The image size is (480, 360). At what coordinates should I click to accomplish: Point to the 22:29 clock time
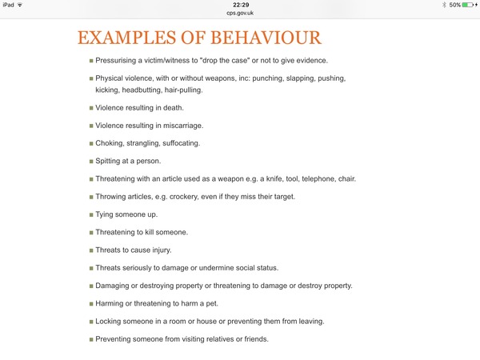click(239, 5)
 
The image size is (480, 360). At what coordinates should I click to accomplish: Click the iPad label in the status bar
click(9, 5)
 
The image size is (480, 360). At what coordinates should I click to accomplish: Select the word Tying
click(106, 214)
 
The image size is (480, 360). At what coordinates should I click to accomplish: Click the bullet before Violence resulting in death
click(90, 108)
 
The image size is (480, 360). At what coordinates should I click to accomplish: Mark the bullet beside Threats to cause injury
click(90, 250)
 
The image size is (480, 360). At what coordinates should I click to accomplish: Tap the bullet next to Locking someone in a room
click(90, 321)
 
